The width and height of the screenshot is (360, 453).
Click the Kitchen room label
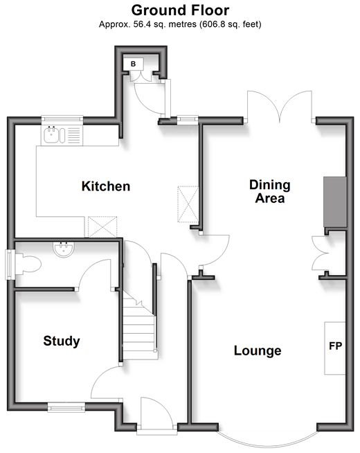(x=106, y=186)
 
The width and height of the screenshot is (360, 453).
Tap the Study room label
(x=62, y=341)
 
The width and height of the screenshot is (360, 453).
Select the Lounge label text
(x=258, y=350)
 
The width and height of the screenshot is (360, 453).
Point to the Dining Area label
(x=270, y=192)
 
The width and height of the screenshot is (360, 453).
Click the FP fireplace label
(x=336, y=346)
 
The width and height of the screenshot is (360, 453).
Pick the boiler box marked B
(x=133, y=64)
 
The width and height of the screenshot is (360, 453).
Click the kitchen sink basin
(x=51, y=135)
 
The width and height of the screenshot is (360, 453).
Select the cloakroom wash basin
(x=64, y=249)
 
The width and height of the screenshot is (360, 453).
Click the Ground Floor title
(x=180, y=10)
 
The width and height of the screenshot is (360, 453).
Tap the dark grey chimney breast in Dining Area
(x=335, y=202)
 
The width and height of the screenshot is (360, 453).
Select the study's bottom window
(x=66, y=407)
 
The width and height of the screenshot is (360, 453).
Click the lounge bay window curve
(x=268, y=443)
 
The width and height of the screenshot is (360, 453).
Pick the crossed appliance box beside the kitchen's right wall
(x=188, y=204)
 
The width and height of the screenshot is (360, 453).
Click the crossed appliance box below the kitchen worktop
(x=102, y=226)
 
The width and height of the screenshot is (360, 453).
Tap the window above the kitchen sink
(x=62, y=119)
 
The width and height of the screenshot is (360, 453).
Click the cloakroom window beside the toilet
(x=10, y=265)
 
